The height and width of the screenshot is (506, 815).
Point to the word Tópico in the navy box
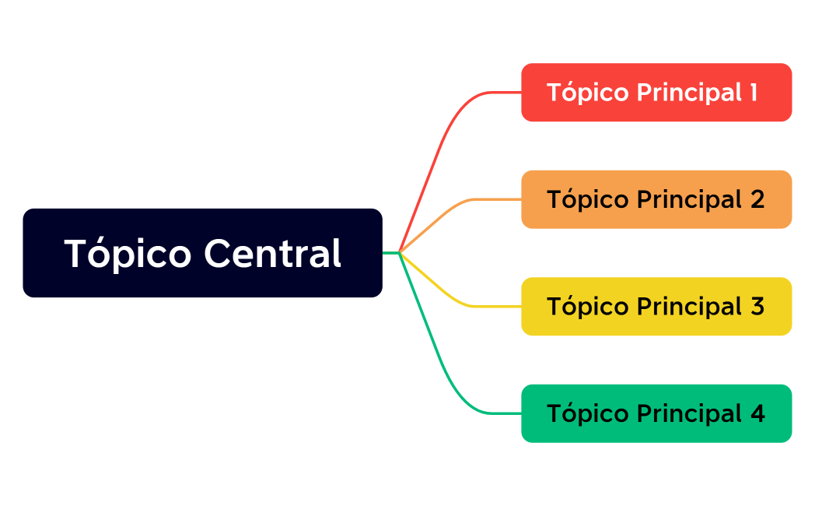(x=128, y=254)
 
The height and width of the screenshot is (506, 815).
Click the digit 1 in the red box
(x=753, y=93)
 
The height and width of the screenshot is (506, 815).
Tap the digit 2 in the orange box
(x=757, y=199)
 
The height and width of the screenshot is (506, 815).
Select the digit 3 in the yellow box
(x=757, y=307)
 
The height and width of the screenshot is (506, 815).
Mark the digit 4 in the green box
(x=757, y=413)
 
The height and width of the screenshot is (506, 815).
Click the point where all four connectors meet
(x=399, y=252)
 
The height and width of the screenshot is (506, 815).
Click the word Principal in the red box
(x=689, y=93)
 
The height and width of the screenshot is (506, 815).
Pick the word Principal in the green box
(x=689, y=413)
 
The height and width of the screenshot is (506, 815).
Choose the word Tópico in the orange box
(x=588, y=199)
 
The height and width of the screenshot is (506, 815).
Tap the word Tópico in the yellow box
(x=588, y=307)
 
